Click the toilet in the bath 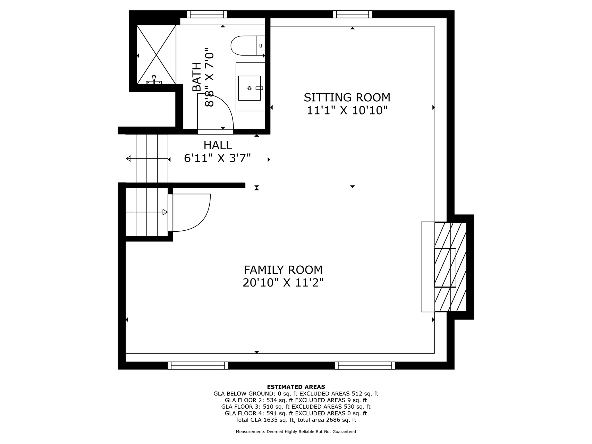(x=248, y=45)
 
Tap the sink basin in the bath (x=249, y=88)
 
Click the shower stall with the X (x=156, y=54)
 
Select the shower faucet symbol (x=154, y=80)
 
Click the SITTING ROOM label (x=347, y=97)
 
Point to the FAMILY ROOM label (x=283, y=270)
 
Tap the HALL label (x=218, y=145)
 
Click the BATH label (x=197, y=77)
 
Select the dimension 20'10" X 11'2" (x=283, y=283)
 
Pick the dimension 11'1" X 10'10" (x=347, y=110)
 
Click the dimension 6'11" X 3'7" (x=218, y=158)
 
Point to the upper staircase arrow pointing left (x=147, y=159)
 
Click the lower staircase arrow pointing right (x=147, y=212)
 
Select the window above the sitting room (x=352, y=14)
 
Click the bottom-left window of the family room (x=198, y=365)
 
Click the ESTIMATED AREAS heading (x=296, y=387)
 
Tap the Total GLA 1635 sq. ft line (x=296, y=420)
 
